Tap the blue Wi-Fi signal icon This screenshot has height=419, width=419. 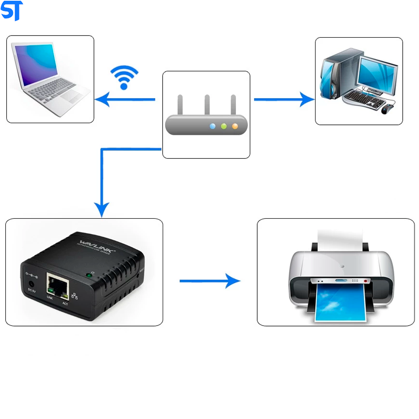pos(124,78)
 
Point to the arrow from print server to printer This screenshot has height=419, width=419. pos(209,281)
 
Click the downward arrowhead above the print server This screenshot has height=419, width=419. pos(102,209)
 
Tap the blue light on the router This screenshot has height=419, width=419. pos(213,126)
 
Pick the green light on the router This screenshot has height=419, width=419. pos(224,126)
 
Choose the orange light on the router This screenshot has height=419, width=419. pos(235,126)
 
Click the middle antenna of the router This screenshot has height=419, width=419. pos(207,105)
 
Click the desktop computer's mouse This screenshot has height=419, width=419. pos(387,109)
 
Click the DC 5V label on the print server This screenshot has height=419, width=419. pos(31,290)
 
